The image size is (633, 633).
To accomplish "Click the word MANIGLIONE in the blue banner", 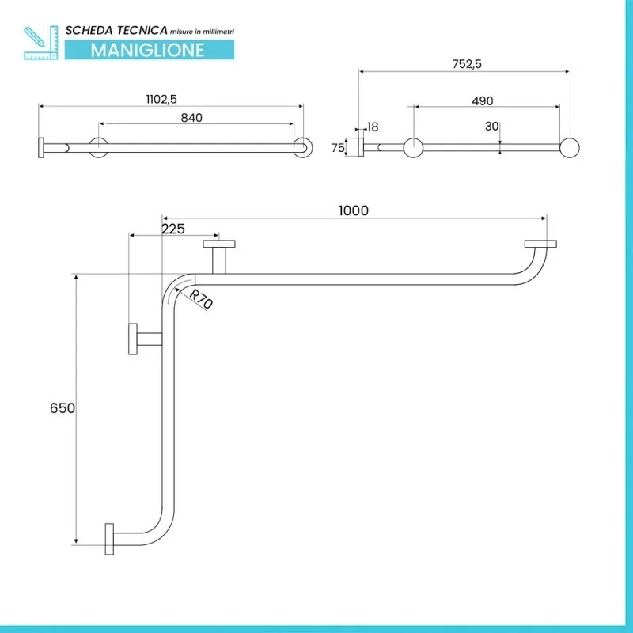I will [148, 50].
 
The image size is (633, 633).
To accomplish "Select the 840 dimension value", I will [191, 117].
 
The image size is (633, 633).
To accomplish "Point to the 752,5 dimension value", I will [466, 65].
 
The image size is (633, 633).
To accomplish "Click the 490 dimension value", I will [482, 100].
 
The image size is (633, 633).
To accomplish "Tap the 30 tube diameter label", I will [492, 125].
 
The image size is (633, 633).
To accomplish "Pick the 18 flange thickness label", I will [373, 126].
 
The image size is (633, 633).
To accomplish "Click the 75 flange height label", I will [338, 147].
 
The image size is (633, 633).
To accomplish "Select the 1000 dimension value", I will [354, 210].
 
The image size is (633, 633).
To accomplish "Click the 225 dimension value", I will [172, 229].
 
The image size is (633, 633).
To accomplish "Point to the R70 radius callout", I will [201, 299].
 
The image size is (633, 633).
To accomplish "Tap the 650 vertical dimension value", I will [63, 408].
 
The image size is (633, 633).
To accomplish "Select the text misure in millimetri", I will [201, 31].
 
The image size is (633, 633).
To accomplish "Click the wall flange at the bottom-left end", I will [109, 539].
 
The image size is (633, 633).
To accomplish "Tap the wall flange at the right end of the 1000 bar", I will [540, 244].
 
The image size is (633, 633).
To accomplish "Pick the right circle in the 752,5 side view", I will [570, 147].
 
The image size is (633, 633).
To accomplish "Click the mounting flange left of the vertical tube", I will [131, 339].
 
